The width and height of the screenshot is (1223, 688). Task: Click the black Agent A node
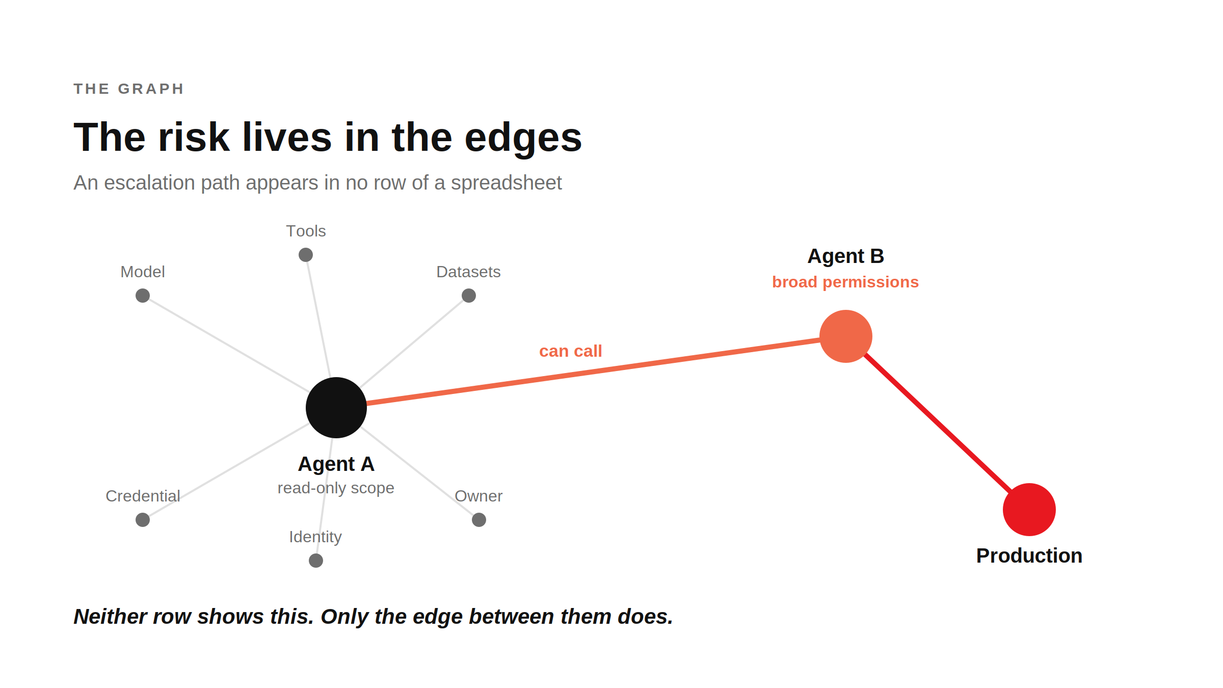point(336,408)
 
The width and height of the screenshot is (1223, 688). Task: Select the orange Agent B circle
point(846,336)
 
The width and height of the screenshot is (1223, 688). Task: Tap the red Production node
point(1029,510)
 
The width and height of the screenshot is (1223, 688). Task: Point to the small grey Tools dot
point(306,255)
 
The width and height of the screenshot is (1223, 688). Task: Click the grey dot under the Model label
point(143,296)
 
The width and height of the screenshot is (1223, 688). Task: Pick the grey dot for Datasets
point(469,296)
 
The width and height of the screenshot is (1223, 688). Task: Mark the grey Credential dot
point(143,520)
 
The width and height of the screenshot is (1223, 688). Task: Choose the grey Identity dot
point(316,561)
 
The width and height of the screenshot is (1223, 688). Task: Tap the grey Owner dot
point(479,520)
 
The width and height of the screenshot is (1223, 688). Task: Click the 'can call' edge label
point(571,351)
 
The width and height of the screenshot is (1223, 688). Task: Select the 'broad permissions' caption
point(845,282)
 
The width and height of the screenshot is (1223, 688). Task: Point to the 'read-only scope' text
point(336,488)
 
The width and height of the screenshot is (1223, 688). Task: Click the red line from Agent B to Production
point(938,423)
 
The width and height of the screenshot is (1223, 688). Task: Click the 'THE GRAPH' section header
point(129,89)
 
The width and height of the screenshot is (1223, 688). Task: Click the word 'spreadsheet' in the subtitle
point(506,183)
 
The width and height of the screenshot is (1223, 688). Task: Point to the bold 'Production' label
point(1029,555)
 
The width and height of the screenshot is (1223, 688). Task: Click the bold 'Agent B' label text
point(846,256)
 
